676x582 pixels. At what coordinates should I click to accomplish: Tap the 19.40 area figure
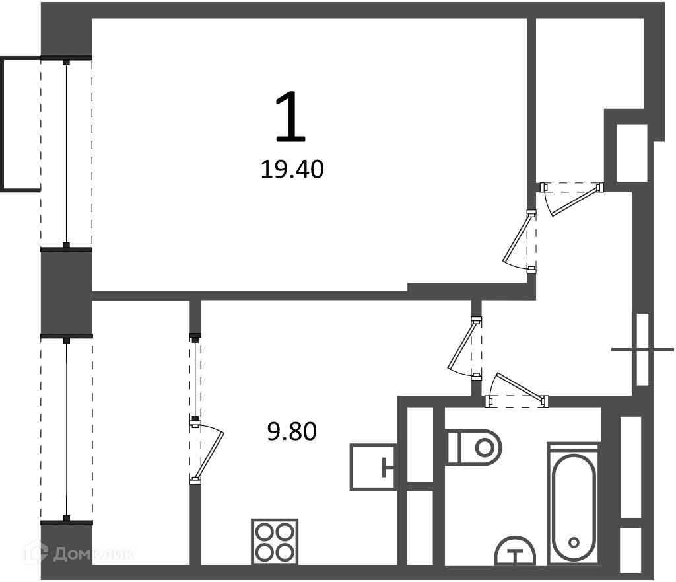tap(292, 169)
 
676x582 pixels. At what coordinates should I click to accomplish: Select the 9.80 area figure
tap(292, 431)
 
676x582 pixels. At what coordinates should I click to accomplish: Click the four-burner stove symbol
tap(275, 542)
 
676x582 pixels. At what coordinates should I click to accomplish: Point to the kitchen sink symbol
tap(374, 467)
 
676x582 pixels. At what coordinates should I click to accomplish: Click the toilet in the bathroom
tap(475, 447)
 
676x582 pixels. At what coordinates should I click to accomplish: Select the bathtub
tap(574, 503)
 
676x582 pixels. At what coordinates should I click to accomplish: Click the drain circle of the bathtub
tap(574, 542)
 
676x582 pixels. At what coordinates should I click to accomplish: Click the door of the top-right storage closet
tap(571, 198)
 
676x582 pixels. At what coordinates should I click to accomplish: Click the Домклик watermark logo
tap(80, 553)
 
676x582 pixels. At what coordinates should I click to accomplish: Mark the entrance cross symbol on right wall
tap(642, 349)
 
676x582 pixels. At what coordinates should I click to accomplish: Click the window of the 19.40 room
tap(66, 153)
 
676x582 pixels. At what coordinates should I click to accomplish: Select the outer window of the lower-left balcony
tap(67, 429)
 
